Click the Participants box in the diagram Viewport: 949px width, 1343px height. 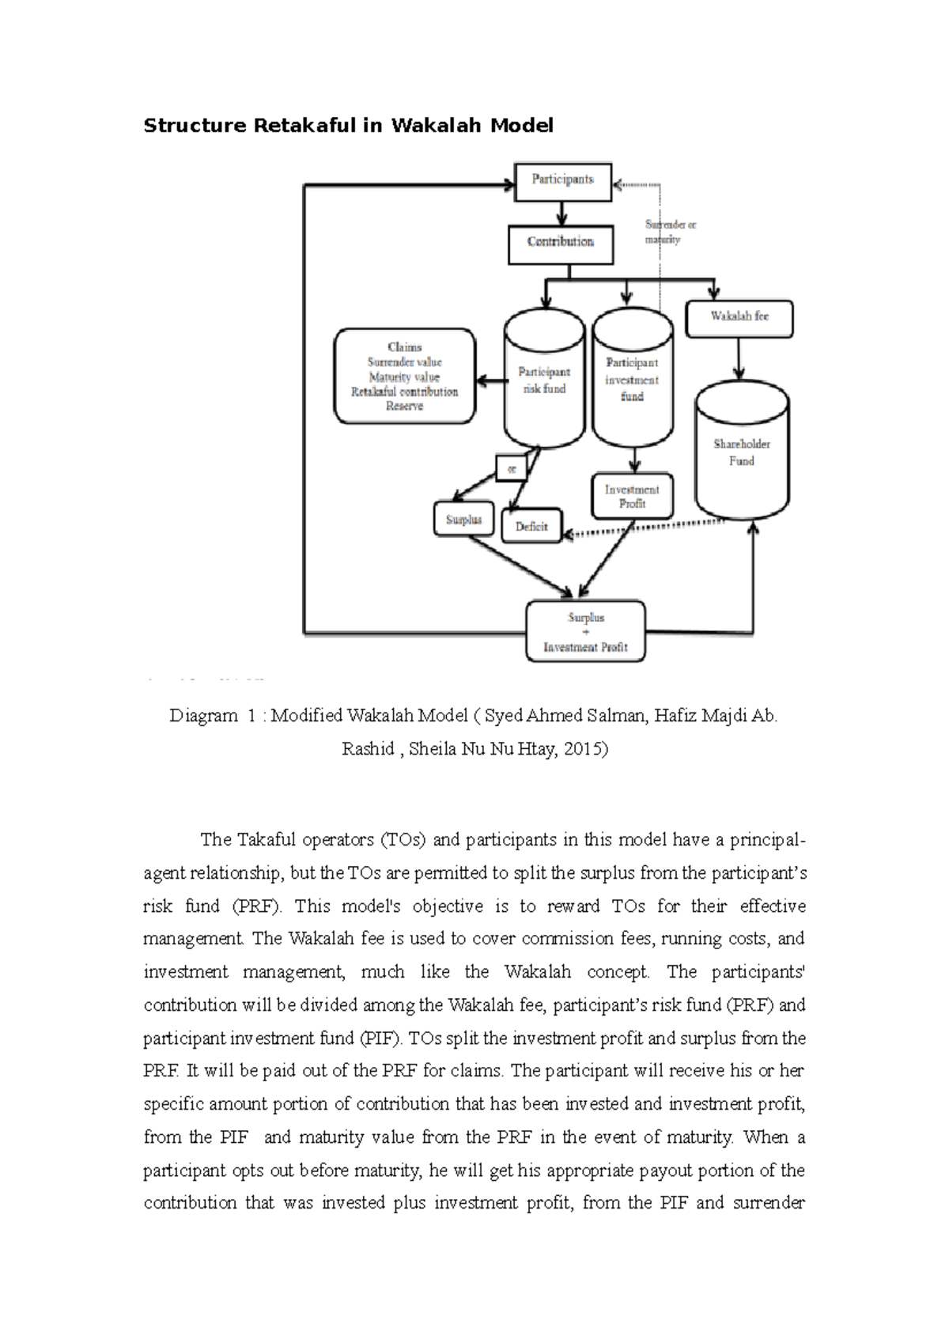562,180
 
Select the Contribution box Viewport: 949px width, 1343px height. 561,243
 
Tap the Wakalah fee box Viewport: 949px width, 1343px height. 739,317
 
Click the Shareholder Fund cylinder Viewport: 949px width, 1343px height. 741,452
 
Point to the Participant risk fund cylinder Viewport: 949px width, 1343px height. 543,380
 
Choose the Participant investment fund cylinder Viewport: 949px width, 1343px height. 632,380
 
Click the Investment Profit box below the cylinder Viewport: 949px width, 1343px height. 632,497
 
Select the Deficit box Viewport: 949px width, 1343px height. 531,526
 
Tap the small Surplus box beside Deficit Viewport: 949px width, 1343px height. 463,520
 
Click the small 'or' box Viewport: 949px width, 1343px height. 511,468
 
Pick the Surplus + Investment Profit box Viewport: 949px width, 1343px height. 585,632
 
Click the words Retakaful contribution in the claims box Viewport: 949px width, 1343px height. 404,392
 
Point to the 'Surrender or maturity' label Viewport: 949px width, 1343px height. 669,232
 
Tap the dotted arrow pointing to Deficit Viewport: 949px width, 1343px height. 641,530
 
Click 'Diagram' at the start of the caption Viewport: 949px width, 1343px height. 202,717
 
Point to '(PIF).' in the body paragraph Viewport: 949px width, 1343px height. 381,1038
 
